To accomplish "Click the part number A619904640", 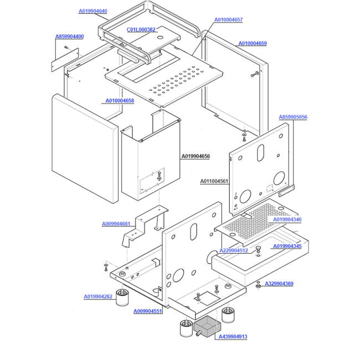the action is click(x=93, y=11).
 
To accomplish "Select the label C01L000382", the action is click(x=141, y=29).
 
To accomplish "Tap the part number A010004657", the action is click(x=228, y=20).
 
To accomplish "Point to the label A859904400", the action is click(x=70, y=37).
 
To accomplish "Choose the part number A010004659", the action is click(x=253, y=43).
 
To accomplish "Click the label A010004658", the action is click(x=120, y=101).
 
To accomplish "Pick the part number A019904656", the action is click(x=196, y=156).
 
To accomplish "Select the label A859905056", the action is click(x=293, y=117).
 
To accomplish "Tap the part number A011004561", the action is click(x=214, y=181).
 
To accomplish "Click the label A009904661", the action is click(x=116, y=224).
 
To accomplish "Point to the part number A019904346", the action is click(x=287, y=219).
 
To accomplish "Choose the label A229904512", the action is click(x=234, y=250).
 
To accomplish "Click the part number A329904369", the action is click(x=279, y=284).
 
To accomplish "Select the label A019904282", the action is click(x=98, y=297).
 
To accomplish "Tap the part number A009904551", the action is click(x=148, y=311).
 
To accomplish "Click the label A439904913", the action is click(x=233, y=337).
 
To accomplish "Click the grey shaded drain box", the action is click(x=207, y=326).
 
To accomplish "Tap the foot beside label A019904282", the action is click(x=122, y=298).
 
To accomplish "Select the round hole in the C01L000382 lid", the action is click(x=161, y=37).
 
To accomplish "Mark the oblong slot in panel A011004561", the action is click(x=260, y=153).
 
